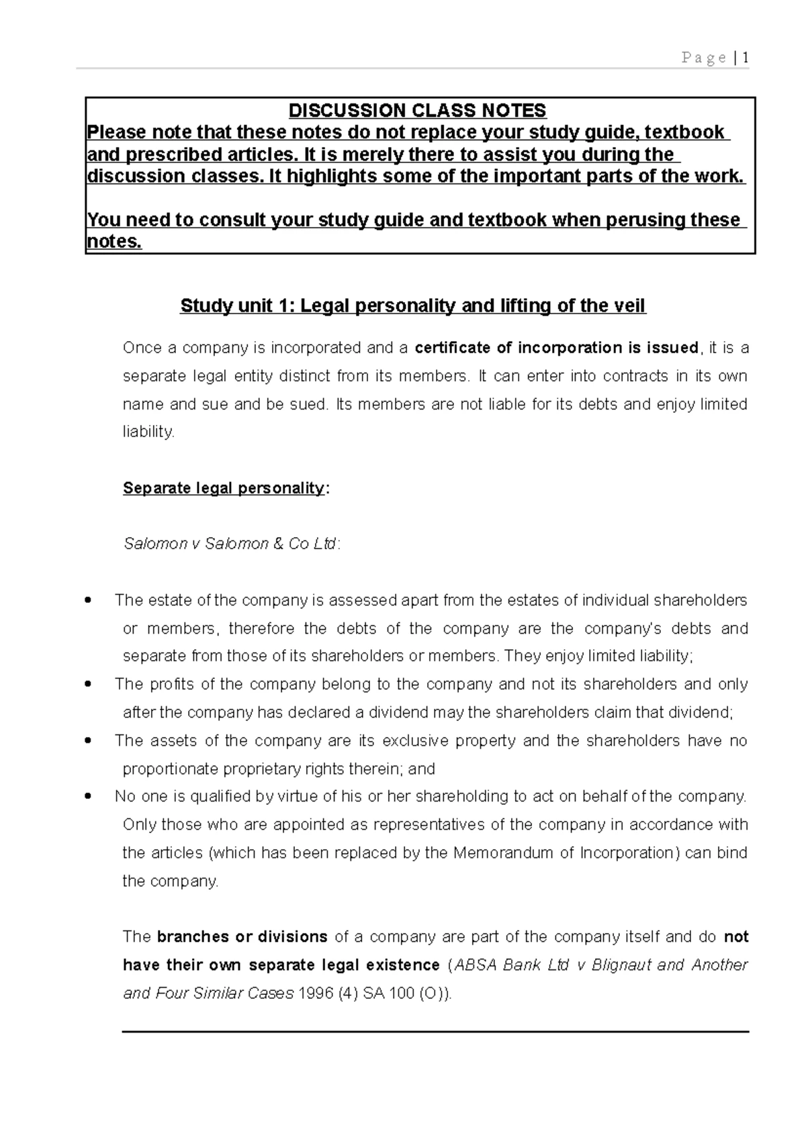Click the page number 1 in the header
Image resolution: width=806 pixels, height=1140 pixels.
[x=746, y=58]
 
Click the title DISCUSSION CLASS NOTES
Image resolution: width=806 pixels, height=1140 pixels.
[x=417, y=110]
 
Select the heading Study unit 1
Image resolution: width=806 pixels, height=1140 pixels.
[x=412, y=306]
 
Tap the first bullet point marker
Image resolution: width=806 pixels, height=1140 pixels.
[x=89, y=600]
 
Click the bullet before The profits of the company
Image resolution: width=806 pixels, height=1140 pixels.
[x=89, y=685]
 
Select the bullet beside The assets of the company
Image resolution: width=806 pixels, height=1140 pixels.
[x=89, y=741]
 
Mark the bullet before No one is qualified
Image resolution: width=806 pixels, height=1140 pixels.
[x=89, y=797]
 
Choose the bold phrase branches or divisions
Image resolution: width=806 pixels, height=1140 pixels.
[x=242, y=937]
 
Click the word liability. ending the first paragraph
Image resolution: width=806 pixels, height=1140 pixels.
[x=148, y=432]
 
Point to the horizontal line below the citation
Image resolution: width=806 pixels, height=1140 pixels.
[x=435, y=1031]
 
